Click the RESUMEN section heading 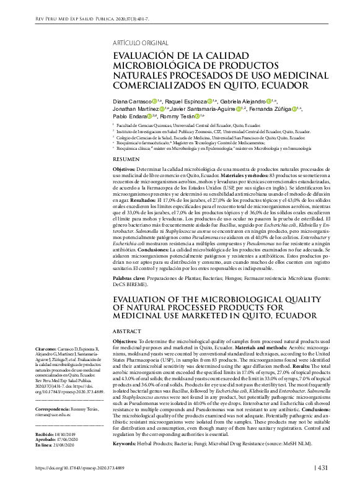[x=126, y=159]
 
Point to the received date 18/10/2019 [x=63, y=435]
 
